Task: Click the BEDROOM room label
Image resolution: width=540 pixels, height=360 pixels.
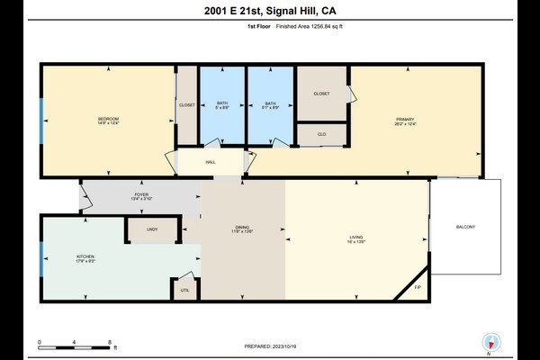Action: tap(108, 119)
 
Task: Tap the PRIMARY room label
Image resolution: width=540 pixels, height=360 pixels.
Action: tap(403, 119)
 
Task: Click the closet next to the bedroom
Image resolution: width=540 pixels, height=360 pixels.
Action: tap(187, 105)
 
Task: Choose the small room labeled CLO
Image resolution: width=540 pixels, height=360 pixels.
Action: tap(322, 135)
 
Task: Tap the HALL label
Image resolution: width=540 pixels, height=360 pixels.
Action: tap(211, 162)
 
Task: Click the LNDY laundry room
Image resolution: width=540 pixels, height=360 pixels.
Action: tap(152, 230)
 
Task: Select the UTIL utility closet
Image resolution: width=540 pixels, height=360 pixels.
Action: tap(184, 291)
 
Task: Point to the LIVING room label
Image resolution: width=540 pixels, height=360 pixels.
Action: tap(356, 239)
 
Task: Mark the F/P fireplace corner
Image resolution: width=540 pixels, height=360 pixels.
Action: tap(417, 287)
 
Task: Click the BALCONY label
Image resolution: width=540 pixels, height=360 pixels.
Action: tap(464, 226)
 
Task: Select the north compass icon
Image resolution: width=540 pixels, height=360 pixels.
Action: tap(490, 343)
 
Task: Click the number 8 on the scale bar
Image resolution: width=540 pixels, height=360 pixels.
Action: tap(109, 342)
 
